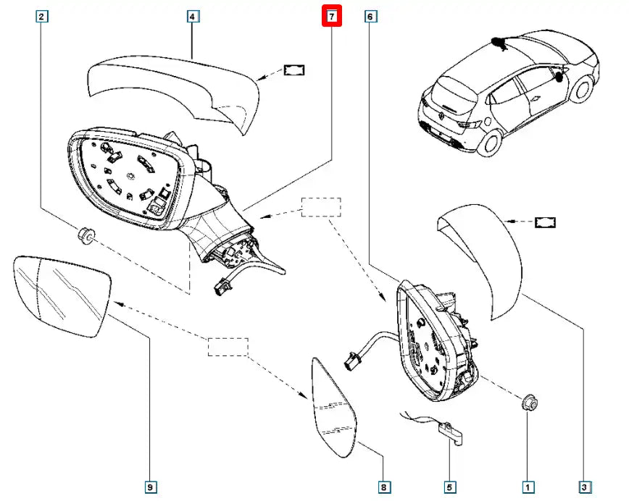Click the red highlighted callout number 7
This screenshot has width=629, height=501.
pos(331,16)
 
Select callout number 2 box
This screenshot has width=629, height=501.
pos(43,16)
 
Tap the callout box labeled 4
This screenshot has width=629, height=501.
pos(192,16)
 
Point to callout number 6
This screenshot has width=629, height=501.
pos(370,16)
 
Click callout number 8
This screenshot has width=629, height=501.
pos(383,487)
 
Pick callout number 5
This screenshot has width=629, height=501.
pos(450,487)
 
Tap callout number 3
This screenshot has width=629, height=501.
pos(585,487)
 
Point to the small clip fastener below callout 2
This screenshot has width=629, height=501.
pos(86,235)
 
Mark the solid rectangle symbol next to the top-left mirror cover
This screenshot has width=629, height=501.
pos(293,70)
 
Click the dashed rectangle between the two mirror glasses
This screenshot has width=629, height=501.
pos(228,347)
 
